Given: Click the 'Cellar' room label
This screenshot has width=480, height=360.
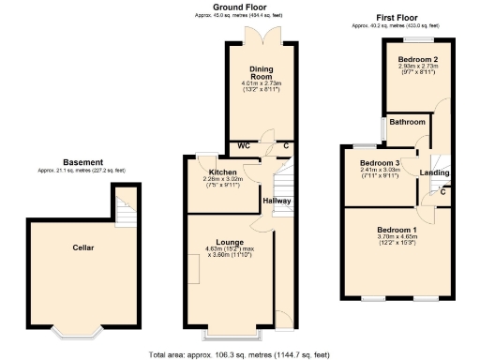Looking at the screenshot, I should pyautogui.click(x=83, y=247).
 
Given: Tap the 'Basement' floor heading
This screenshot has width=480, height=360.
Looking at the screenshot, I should pyautogui.click(x=83, y=162).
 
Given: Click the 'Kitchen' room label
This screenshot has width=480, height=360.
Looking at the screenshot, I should pyautogui.click(x=222, y=172).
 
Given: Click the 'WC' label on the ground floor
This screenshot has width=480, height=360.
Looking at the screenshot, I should pyautogui.click(x=243, y=146).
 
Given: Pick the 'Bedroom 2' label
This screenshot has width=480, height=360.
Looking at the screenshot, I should pyautogui.click(x=419, y=59).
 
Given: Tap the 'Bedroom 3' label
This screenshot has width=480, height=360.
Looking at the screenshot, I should pyautogui.click(x=381, y=163).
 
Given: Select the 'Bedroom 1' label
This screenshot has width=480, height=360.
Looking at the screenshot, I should pyautogui.click(x=397, y=230).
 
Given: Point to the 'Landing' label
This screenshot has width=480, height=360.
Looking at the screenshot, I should pyautogui.click(x=433, y=172).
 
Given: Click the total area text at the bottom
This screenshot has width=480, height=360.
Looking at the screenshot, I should pyautogui.click(x=240, y=354).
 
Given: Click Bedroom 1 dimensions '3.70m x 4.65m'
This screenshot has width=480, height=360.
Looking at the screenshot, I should pyautogui.click(x=397, y=237).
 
